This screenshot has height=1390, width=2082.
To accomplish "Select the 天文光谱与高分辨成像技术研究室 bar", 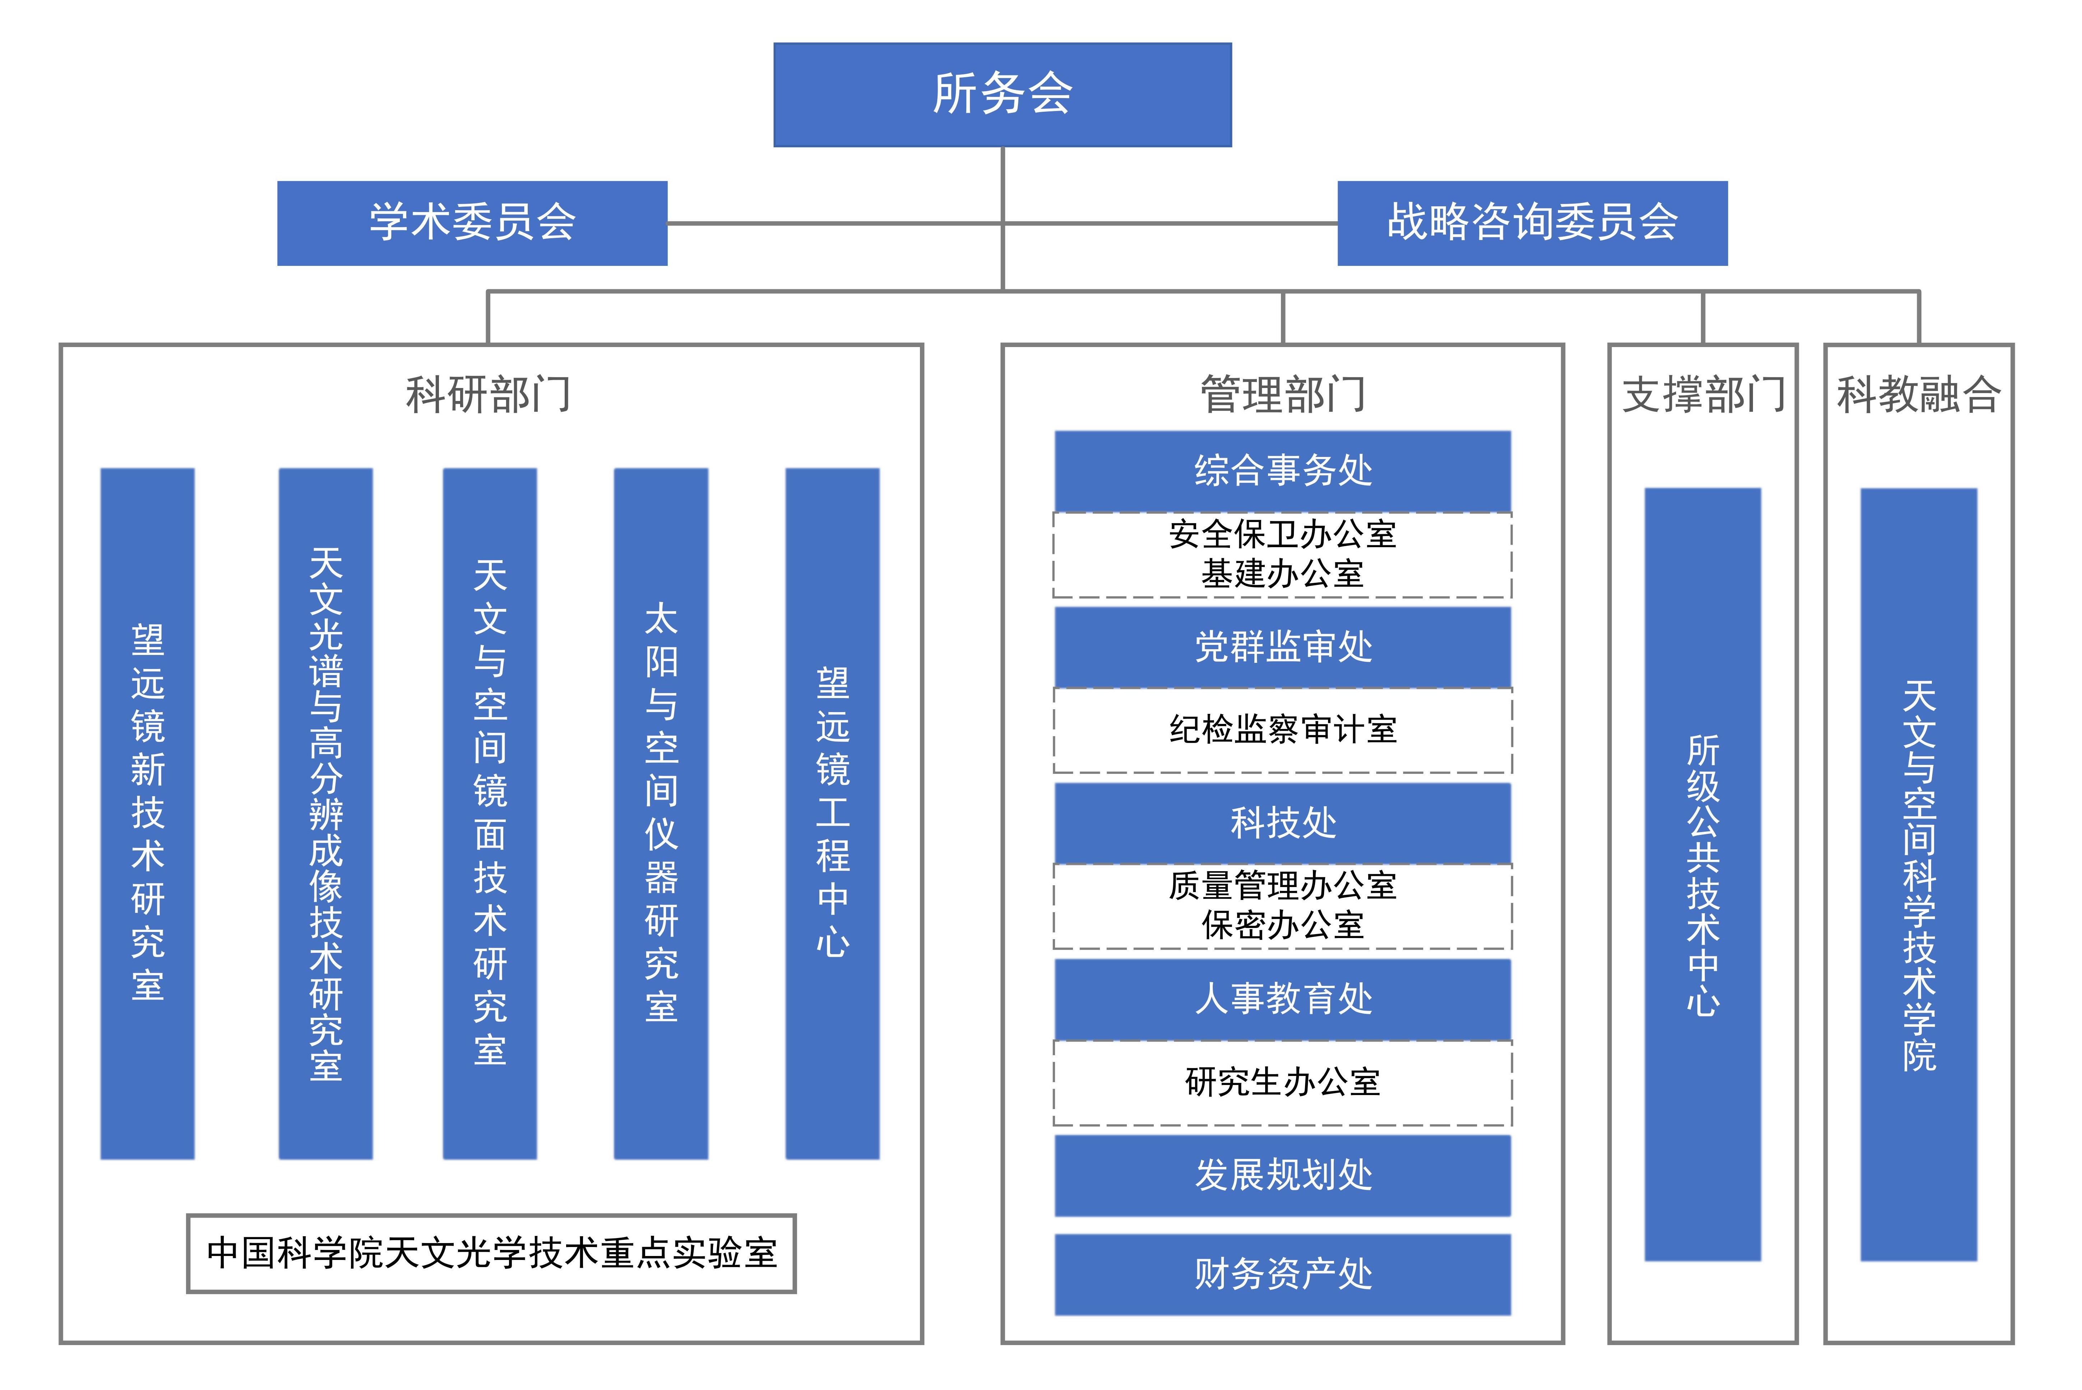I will [x=325, y=813].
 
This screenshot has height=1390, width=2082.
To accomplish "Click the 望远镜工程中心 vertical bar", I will [x=832, y=813].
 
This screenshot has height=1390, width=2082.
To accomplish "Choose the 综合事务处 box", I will [x=1282, y=470].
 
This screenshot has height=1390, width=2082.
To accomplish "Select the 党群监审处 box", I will [x=1282, y=646].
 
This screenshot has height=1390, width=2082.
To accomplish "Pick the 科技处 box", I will [x=1282, y=822].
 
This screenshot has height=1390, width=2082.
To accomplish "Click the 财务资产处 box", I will [x=1282, y=1274].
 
